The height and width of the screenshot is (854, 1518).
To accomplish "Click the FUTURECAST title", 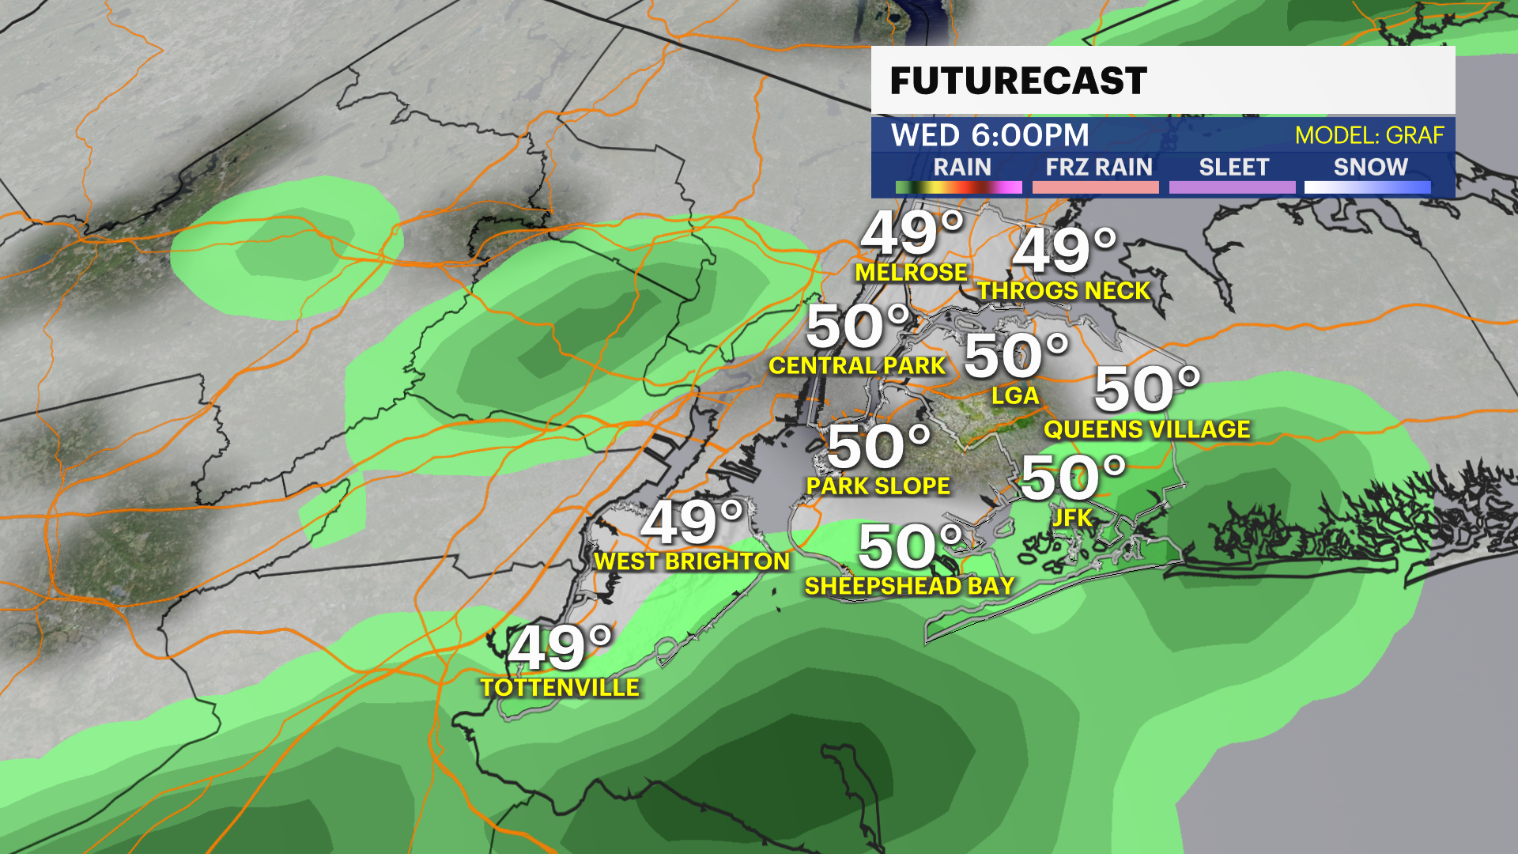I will (1018, 81).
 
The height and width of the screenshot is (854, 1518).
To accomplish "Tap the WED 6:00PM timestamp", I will (990, 135).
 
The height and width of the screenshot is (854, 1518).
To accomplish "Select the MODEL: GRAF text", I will (1369, 135).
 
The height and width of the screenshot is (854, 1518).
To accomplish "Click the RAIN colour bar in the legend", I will (958, 187).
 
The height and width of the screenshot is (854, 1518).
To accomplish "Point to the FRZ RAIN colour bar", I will (1095, 187).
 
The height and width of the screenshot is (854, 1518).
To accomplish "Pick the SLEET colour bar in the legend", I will (1232, 187).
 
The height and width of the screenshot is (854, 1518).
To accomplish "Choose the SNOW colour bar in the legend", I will (1367, 187).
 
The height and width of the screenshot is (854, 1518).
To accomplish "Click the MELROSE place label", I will (912, 273).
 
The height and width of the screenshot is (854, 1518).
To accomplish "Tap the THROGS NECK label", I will (1063, 291).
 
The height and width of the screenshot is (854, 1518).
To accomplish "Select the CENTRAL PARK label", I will (857, 365).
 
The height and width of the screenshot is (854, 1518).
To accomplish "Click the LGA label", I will (1015, 395).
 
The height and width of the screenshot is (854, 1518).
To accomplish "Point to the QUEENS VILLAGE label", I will (1147, 429).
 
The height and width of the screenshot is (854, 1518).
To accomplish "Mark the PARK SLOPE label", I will (878, 486).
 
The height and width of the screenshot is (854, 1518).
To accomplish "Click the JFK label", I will (1072, 518).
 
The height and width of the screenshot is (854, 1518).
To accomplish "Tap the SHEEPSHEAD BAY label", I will (909, 586).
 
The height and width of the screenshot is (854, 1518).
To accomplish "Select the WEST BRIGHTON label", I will (692, 561).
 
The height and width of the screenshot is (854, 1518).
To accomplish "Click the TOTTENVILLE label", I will (560, 687).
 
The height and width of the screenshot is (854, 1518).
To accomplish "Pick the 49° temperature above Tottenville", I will (560, 647).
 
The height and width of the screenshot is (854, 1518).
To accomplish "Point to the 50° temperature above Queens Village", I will (1146, 389).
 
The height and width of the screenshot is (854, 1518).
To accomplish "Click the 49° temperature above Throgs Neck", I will (1063, 251).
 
